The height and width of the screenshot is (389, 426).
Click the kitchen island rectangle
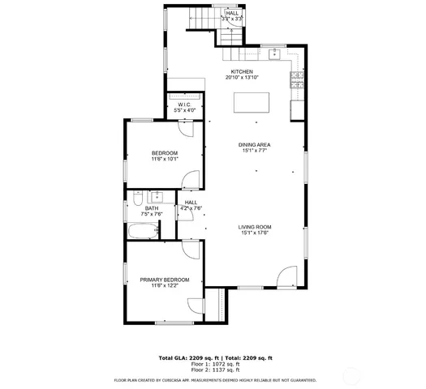252,103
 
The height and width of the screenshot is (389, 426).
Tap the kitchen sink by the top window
275,53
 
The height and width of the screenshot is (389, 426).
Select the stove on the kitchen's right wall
297,79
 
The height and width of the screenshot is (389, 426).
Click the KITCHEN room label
242,71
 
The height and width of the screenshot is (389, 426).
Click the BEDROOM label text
165,153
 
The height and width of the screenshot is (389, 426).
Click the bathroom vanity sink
158,197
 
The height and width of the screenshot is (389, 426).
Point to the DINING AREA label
254,145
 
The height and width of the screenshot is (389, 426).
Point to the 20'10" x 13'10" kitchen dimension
242,78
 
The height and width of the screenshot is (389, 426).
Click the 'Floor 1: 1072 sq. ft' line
215,364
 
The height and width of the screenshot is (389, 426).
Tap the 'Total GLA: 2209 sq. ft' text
186,357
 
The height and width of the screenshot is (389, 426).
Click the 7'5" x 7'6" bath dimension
152,214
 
